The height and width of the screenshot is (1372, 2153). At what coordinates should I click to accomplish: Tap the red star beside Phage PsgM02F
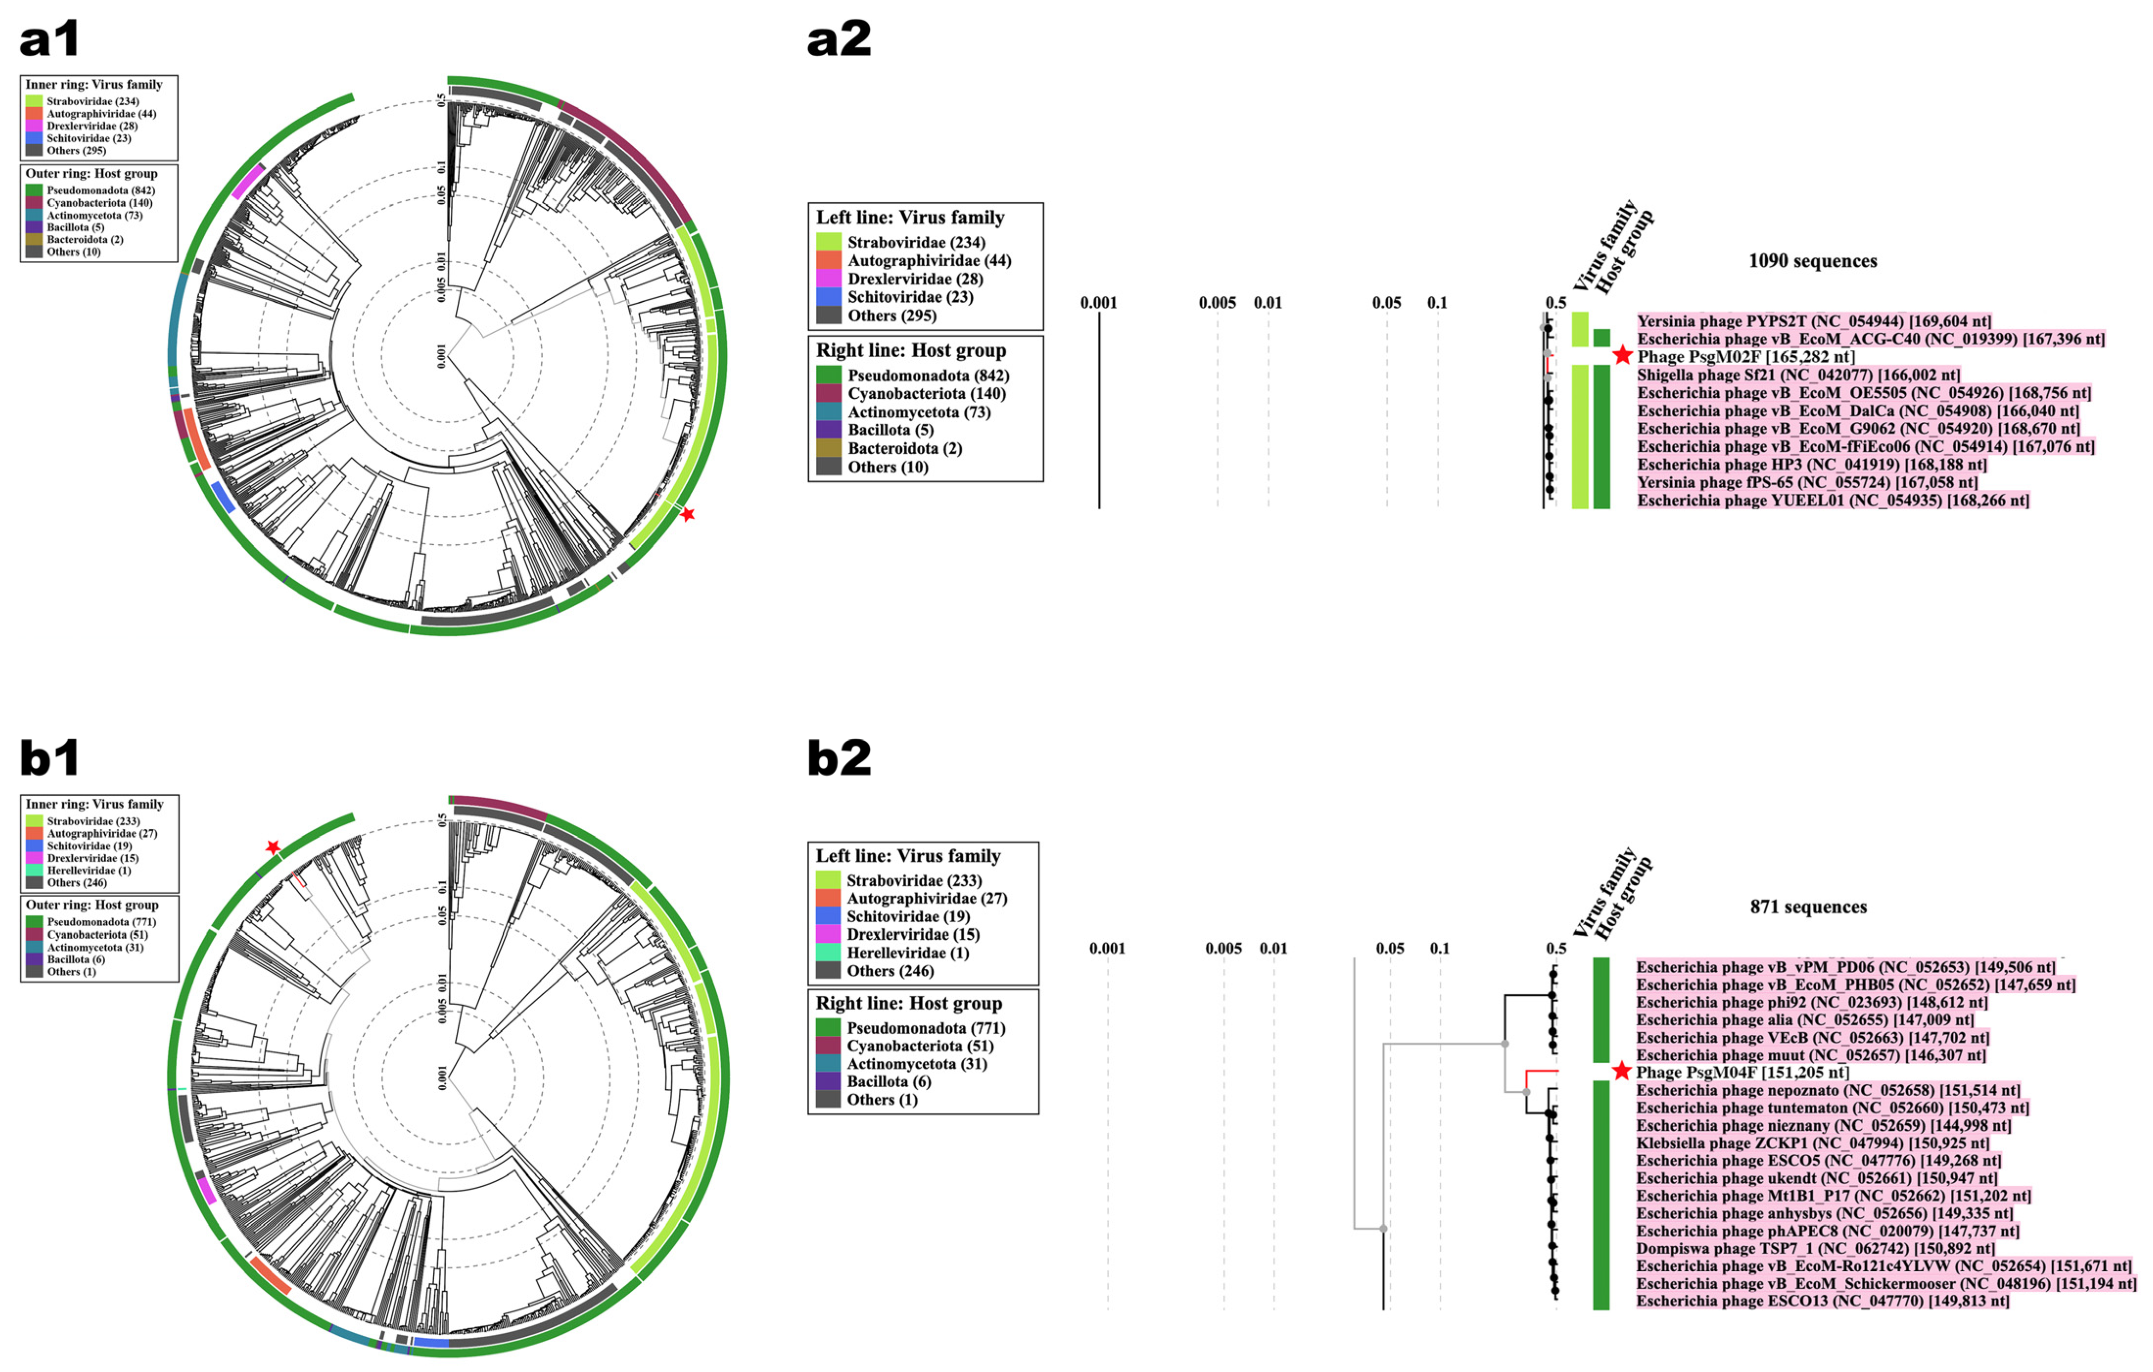click(1623, 356)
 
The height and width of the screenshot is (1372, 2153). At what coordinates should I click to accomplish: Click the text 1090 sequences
click(1812, 261)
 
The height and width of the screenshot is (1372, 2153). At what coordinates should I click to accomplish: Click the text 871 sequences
click(1808, 906)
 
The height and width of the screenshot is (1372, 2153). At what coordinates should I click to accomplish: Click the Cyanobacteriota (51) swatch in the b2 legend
click(828, 1046)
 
